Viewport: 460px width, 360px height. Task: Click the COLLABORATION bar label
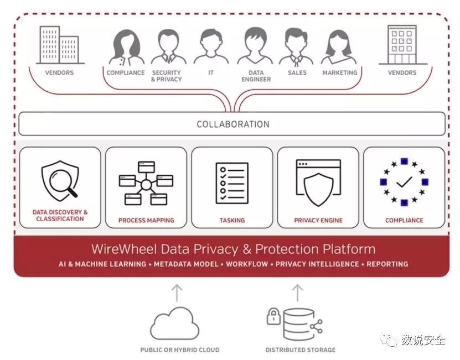pos(233,124)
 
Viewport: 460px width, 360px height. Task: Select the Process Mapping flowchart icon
pos(146,182)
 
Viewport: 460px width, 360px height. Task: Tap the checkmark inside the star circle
pos(404,182)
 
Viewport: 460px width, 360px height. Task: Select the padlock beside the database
pos(273,316)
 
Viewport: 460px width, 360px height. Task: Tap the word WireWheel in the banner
pos(118,249)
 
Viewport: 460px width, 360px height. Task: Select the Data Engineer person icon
pos(255,46)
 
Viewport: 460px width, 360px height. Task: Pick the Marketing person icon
pos(339,48)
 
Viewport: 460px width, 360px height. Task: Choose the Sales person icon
pos(297,48)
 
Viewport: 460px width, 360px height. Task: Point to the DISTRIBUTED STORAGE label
pos(301,349)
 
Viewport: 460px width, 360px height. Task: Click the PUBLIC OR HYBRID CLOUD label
pos(180,349)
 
